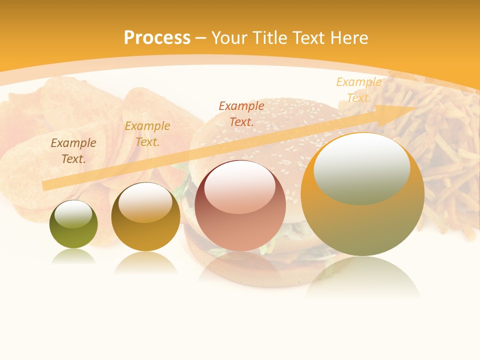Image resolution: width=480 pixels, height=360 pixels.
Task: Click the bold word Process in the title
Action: point(157,38)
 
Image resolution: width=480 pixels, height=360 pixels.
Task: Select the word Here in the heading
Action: point(349,38)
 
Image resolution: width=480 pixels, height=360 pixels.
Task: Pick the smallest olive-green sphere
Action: point(73,224)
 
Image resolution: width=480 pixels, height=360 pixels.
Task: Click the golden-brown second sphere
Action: point(145,216)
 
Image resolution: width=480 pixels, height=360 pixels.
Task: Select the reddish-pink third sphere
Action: point(240,205)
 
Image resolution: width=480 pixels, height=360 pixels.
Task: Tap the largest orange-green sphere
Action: point(362,194)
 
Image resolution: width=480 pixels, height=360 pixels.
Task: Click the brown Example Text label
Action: point(73,151)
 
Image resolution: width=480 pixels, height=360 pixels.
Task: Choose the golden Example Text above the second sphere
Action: point(147,134)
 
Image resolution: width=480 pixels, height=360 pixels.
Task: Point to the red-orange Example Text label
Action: point(241,113)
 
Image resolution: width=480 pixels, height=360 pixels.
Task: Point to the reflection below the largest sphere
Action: point(362,277)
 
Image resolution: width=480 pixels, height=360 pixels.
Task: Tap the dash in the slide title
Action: point(200,38)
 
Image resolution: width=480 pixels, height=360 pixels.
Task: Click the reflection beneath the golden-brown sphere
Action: point(145,262)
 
